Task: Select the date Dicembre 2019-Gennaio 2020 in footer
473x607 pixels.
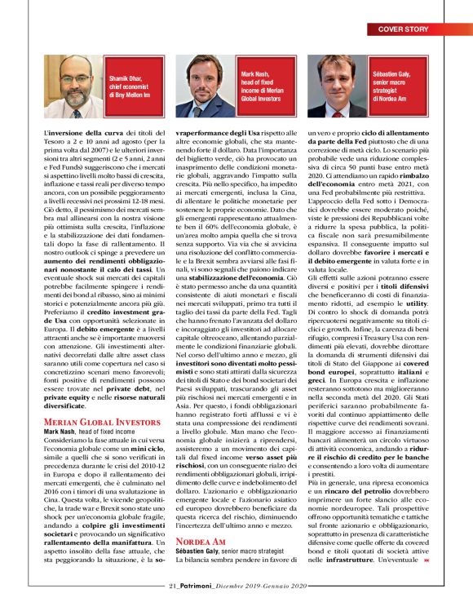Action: [263, 585]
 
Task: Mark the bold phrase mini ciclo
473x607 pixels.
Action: [135, 448]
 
